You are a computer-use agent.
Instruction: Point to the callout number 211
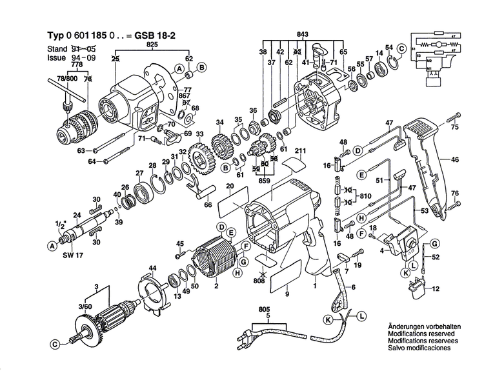coord(299,152)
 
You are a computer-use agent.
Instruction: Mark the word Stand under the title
coord(57,49)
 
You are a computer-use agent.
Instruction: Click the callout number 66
coord(208,205)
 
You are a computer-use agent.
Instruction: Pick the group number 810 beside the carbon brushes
coord(365,194)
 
